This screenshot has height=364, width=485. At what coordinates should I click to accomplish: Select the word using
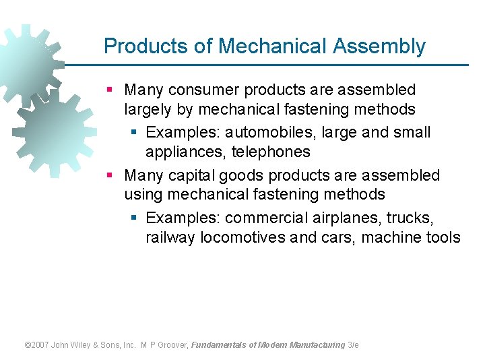(x=143, y=195)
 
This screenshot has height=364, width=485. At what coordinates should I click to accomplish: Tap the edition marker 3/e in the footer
(x=353, y=344)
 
